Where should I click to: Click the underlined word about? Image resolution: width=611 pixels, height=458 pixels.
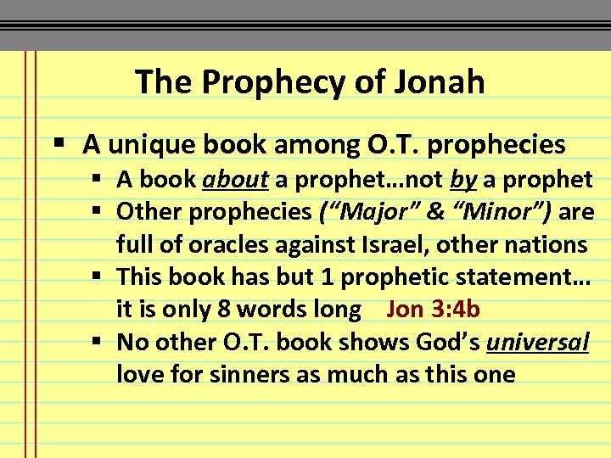click(235, 179)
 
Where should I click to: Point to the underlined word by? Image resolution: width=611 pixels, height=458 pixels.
click(462, 179)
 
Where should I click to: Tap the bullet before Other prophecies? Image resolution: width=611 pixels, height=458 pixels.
click(100, 211)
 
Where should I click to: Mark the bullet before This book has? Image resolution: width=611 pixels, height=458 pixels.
click(100, 276)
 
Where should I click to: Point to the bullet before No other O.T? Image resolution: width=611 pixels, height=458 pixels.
click(100, 342)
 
